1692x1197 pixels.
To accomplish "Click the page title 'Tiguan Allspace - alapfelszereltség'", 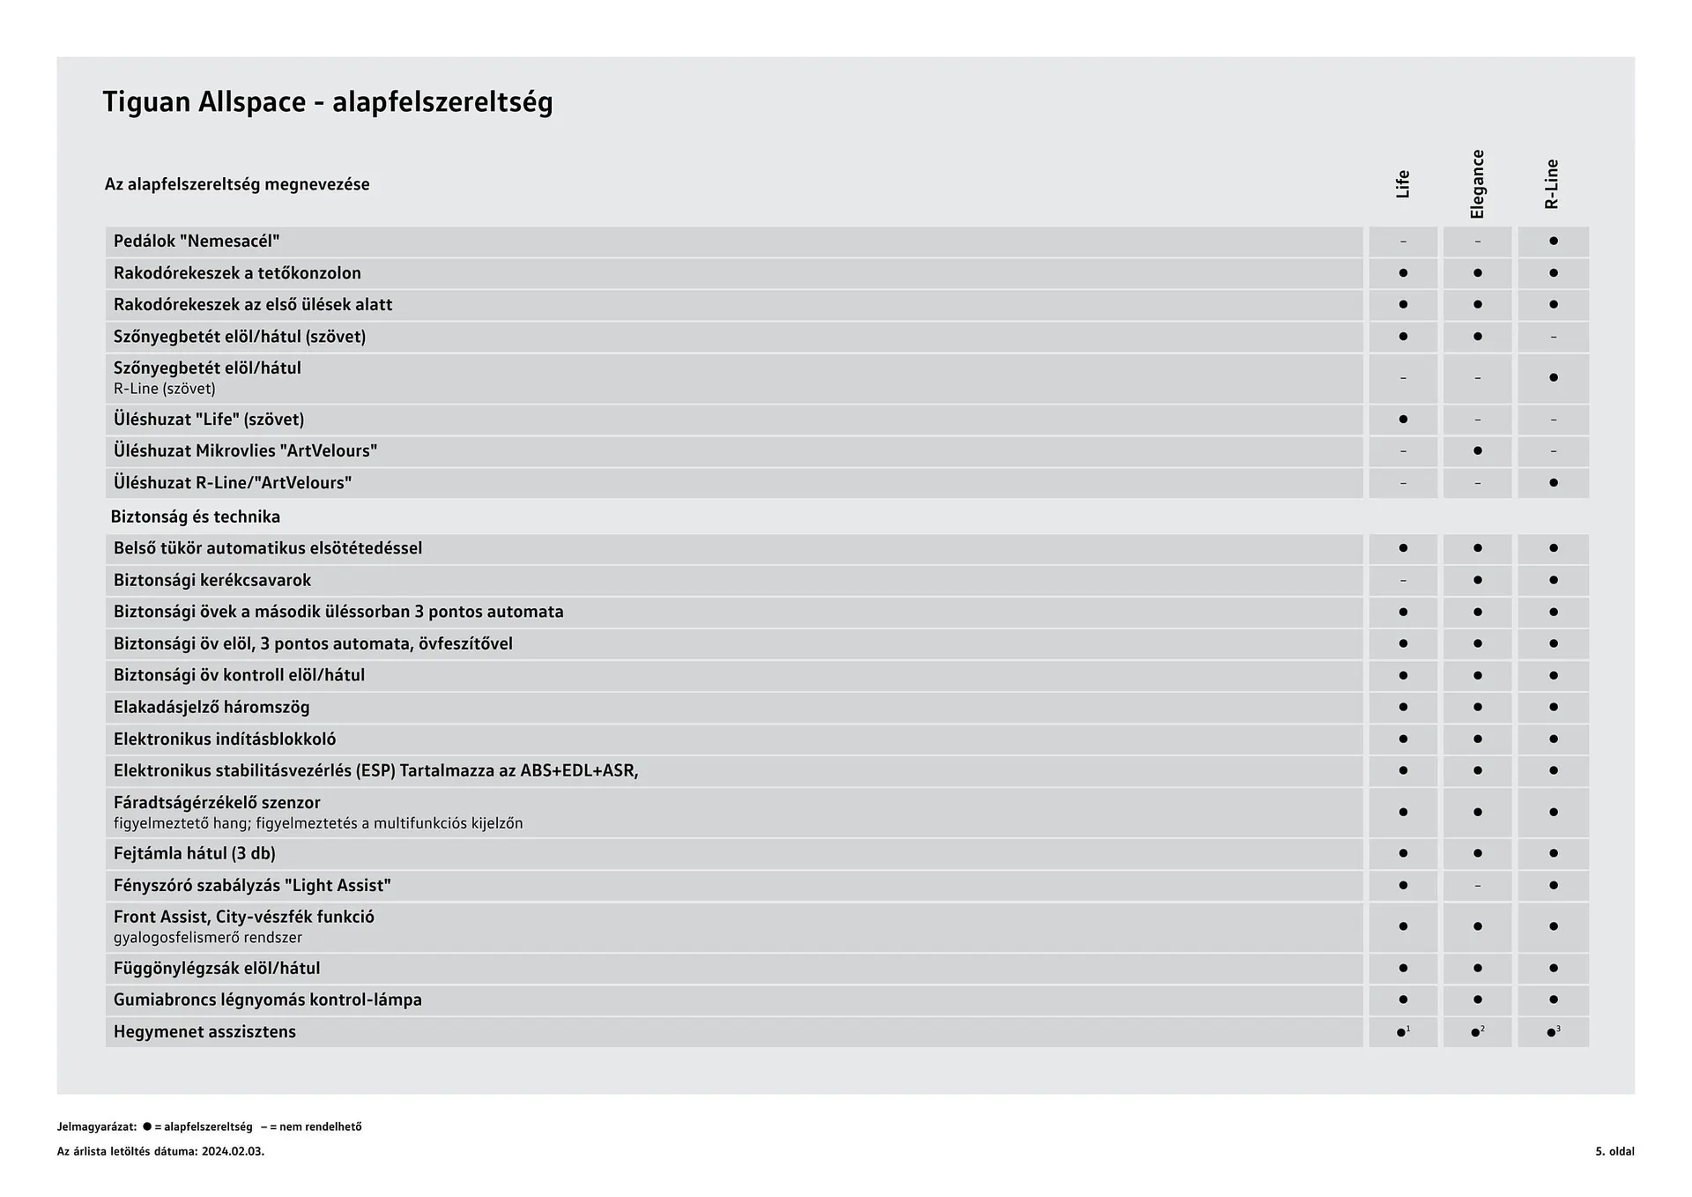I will coord(328,102).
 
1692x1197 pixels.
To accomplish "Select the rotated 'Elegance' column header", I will coord(1477,184).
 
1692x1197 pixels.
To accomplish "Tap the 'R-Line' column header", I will coord(1552,184).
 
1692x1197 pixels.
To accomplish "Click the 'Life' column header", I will coord(1403,184).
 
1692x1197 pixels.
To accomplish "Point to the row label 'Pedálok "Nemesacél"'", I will coord(197,242).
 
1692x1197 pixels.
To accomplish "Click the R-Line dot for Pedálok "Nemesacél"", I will coord(1553,242).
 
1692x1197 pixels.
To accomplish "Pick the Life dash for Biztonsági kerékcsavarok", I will coord(1403,581).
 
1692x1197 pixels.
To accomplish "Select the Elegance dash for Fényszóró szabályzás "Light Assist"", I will coord(1477,886).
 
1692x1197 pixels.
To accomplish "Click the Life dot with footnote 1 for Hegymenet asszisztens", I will coord(1402,1032).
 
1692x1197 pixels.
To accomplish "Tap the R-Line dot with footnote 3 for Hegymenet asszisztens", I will coord(1552,1032).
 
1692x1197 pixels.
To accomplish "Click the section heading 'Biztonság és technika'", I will coord(196,517).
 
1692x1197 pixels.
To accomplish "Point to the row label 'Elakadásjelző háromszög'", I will coord(211,708).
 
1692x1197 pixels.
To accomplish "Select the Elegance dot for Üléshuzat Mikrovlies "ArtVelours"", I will coord(1477,451).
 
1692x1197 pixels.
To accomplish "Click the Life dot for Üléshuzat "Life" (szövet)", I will coord(1403,420).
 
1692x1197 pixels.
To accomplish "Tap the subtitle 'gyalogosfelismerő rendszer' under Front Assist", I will coord(208,938).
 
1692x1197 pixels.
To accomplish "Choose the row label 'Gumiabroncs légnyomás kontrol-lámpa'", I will coord(268,1000).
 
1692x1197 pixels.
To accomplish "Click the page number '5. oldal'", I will coord(1614,1151).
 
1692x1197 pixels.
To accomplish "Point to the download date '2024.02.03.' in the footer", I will coord(233,1151).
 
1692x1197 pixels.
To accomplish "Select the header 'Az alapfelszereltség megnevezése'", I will coord(237,185).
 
